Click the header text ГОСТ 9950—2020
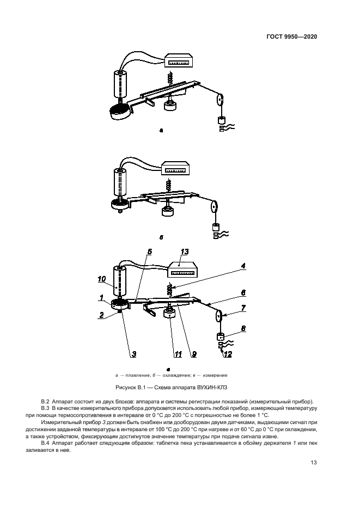click(291, 36)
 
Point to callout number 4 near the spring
click(244, 266)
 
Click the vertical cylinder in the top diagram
click(120, 84)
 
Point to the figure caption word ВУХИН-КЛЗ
click(212, 387)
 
